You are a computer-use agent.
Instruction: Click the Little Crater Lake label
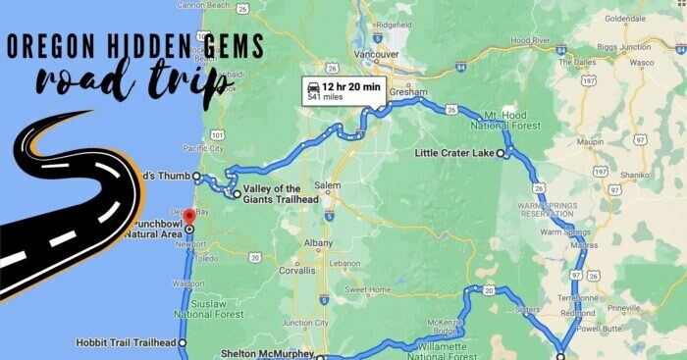pos(454,153)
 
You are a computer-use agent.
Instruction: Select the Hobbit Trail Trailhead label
pos(126,342)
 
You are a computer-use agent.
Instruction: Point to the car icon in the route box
pos(313,88)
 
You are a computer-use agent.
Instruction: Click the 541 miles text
pos(327,98)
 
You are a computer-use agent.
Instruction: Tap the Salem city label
pos(329,186)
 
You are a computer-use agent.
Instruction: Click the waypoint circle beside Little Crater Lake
pos(501,154)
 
